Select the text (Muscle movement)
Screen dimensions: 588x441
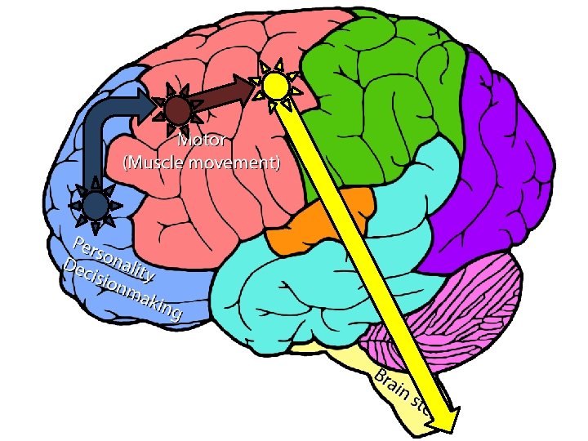[x=202, y=162]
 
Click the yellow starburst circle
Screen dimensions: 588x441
[x=276, y=83]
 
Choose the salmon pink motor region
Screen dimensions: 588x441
[x=204, y=212]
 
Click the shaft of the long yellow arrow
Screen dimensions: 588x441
[x=359, y=245]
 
